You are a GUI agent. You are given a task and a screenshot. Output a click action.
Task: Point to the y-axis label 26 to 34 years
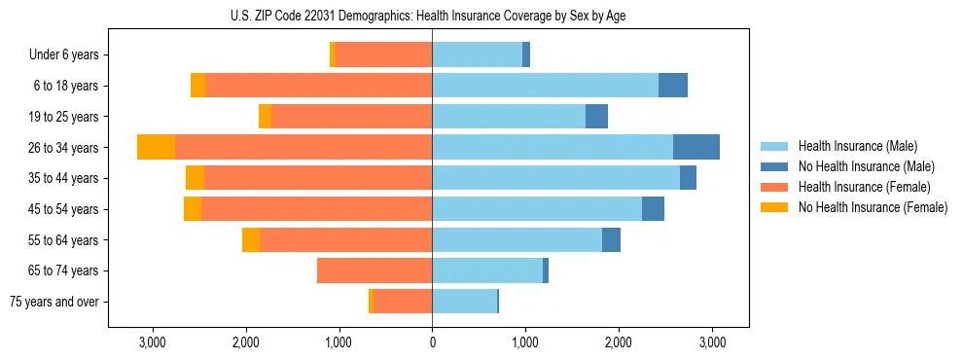coord(63,148)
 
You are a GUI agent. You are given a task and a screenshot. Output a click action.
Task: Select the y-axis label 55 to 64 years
coord(63,240)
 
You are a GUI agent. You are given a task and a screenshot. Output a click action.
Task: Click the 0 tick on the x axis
coord(432,342)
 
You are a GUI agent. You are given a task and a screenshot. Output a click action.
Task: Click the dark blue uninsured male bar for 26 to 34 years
coord(696,147)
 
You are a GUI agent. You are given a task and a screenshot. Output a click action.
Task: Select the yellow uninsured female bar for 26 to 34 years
coord(156,147)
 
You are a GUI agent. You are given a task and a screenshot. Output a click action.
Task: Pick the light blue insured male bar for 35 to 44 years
coord(555,178)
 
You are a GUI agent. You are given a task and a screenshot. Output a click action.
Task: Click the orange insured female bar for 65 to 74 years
coord(374,270)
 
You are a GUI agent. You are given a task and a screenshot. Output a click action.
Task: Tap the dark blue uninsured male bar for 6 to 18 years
coord(673,86)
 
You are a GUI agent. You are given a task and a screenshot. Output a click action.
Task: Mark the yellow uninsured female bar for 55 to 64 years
coord(251,239)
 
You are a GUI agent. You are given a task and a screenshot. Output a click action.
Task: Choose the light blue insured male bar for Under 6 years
coord(477,54)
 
